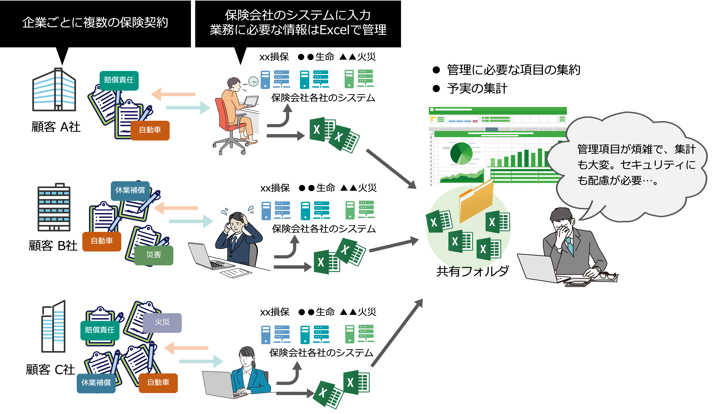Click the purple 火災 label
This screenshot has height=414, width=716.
[162, 322]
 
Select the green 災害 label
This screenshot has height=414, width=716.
[153, 255]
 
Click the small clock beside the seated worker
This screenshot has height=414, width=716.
[253, 82]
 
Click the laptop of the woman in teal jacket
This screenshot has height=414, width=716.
[219, 384]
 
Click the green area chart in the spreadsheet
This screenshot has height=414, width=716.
[462, 176]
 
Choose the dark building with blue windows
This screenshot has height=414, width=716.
[54, 207]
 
